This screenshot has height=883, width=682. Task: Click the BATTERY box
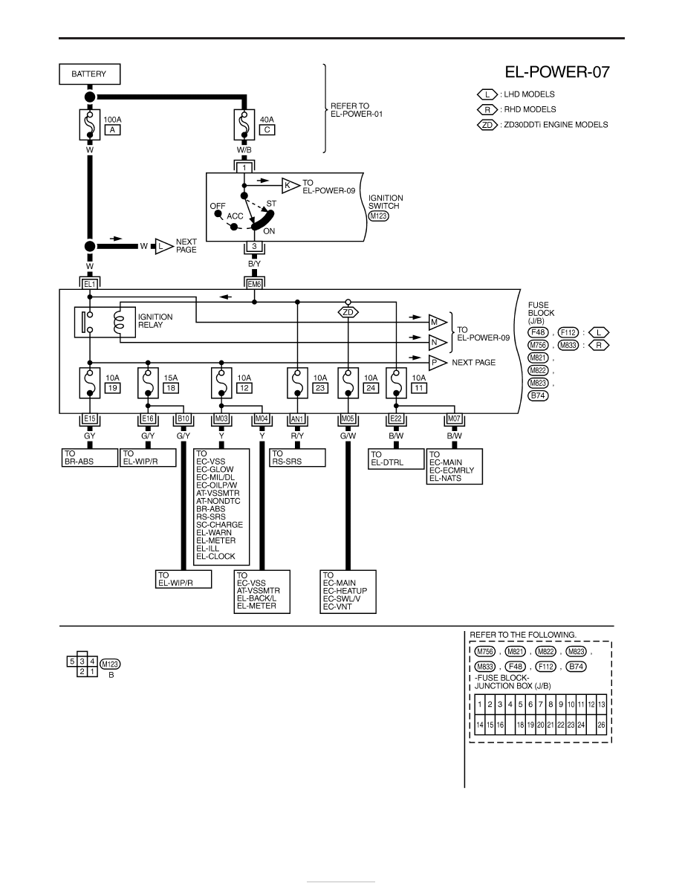(x=89, y=74)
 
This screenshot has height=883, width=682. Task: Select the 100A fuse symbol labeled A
(x=89, y=124)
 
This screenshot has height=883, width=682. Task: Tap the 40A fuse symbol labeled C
(x=244, y=124)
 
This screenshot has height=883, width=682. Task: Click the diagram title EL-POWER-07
(x=556, y=72)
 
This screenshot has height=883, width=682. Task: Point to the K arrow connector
(x=290, y=185)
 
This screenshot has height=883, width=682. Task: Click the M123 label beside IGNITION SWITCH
(x=379, y=216)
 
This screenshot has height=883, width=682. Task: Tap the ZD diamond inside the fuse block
(x=348, y=312)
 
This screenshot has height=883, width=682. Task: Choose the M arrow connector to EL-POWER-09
(x=438, y=323)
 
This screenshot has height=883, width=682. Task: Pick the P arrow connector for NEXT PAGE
(x=438, y=363)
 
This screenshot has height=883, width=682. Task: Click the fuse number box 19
(x=112, y=388)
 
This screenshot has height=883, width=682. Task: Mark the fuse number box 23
(x=320, y=388)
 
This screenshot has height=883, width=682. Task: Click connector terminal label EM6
(x=254, y=285)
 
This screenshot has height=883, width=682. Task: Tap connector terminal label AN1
(x=297, y=419)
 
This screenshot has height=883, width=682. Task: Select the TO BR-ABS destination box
(x=89, y=457)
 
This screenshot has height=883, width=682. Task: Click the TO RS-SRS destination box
(x=298, y=457)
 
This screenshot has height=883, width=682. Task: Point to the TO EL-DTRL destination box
(x=396, y=458)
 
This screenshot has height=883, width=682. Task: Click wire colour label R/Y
(x=297, y=436)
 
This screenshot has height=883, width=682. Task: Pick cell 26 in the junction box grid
(x=601, y=725)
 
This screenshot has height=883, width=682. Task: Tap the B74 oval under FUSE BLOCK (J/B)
(x=539, y=395)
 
